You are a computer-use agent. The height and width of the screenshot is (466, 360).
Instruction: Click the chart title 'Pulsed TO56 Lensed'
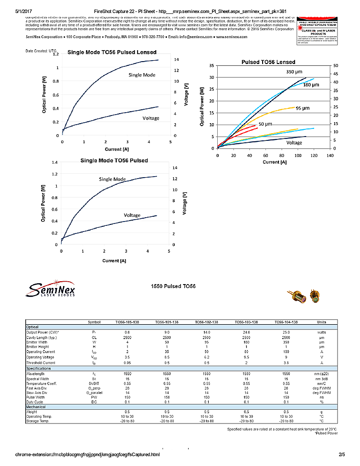268,62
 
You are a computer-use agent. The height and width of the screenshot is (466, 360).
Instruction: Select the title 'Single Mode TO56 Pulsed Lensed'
112,52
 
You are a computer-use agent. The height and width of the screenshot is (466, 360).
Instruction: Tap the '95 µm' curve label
302,108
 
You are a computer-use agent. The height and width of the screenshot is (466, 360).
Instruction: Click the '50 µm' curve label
265,124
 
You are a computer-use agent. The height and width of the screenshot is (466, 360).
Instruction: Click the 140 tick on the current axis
329,155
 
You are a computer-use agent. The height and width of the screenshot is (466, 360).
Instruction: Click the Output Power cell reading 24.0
247,332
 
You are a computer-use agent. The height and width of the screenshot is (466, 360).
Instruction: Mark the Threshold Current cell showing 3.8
287,363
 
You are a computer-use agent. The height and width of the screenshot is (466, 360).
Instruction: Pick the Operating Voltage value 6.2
207,357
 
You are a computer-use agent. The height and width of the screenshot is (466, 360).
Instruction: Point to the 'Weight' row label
32,412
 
